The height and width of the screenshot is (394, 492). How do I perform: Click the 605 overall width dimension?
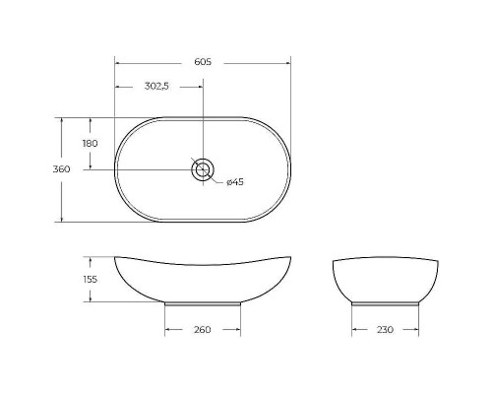coord(203,62)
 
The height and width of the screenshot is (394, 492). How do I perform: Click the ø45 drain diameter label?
coord(234,182)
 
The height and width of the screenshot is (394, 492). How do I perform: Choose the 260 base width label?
coord(202,329)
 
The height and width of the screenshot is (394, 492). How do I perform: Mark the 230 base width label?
coord(384,329)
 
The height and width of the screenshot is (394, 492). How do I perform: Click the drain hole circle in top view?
coord(203,169)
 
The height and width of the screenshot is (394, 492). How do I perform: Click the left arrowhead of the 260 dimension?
coord(167,329)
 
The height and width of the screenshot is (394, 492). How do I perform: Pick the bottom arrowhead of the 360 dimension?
coord(62,219)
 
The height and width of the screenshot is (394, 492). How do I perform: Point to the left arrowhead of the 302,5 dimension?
coord(118,87)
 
